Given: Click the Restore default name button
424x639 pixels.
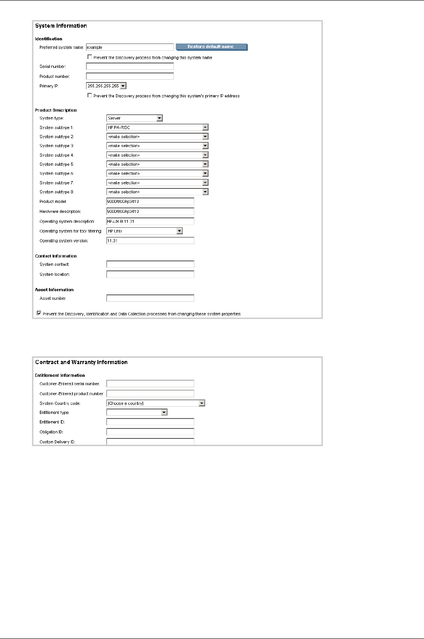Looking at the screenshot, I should coord(211,47).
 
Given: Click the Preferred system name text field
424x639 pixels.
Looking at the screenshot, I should coord(130,47).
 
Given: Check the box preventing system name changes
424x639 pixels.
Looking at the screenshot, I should coord(90,58).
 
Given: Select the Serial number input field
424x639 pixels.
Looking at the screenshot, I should coord(130,67).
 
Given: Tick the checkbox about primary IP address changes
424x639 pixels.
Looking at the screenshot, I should coord(90,96).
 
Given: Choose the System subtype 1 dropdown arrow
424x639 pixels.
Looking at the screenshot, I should coord(205,128).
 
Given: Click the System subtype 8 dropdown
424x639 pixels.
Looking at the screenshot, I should coord(157,192).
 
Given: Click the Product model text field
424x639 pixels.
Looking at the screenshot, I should coord(150,202).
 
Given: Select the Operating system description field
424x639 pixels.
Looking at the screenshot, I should coord(150,221).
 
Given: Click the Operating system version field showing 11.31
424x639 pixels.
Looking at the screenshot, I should coord(150,241).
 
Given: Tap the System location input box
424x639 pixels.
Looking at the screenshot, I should coord(150,274).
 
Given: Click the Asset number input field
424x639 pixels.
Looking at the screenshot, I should coord(150,298).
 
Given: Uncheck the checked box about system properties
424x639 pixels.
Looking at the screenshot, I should coord(39,313).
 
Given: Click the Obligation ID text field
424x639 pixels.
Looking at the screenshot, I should coord(150,432).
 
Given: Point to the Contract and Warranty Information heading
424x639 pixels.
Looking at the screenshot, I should coord(82,362).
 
